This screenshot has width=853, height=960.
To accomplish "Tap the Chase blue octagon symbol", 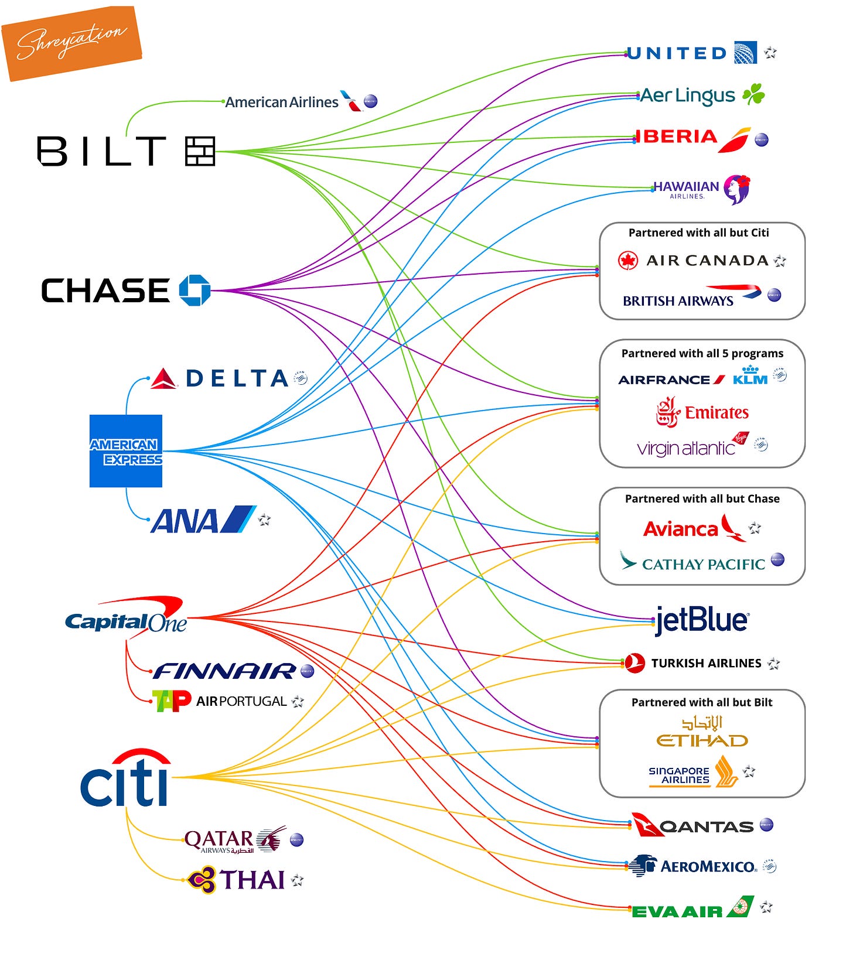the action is (195, 290).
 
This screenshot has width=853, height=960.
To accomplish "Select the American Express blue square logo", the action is (126, 450).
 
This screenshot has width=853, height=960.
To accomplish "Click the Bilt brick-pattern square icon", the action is (200, 151).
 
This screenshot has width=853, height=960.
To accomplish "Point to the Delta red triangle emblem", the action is (164, 379).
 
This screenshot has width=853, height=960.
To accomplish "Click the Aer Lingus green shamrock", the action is (753, 95).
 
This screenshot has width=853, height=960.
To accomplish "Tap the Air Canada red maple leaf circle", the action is (628, 261).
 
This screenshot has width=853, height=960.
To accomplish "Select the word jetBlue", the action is (702, 620).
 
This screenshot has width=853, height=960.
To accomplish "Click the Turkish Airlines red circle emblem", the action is (635, 663).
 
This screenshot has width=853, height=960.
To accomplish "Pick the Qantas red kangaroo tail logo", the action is (647, 825).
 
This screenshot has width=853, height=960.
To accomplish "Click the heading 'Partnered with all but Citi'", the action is (698, 233).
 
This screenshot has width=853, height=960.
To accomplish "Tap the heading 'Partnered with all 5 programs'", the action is (702, 353).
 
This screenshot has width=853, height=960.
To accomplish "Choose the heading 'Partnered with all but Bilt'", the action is (702, 702).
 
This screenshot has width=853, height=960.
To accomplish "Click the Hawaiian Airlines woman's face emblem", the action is (736, 189).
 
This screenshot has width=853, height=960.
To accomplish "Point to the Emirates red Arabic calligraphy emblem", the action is (668, 412).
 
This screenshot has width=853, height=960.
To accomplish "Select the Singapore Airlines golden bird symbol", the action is (726, 771).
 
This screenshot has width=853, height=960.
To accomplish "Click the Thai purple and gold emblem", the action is (202, 880).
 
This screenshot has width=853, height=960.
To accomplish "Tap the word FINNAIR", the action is (224, 671).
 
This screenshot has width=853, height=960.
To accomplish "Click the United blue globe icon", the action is (745, 53).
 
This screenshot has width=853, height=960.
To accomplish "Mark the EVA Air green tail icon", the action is (741, 907).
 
